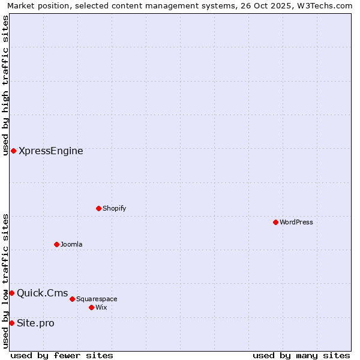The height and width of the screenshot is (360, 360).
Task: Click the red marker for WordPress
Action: pos(275,222)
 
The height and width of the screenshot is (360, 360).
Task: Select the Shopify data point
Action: pos(98,208)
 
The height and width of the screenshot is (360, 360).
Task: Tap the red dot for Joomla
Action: pos(56,244)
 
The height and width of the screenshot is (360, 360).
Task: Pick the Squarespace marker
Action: pos(72,299)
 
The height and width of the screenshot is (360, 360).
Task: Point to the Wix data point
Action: pos(91,307)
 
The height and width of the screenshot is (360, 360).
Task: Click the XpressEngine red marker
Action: pos(13,151)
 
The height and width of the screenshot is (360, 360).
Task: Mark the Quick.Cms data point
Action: pos(11,293)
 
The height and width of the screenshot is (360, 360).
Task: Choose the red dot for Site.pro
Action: pos(11,323)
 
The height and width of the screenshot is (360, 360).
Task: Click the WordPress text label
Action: pos(296,222)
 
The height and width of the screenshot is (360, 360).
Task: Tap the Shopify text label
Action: pos(114,208)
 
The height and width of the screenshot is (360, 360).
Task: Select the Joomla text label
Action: pos(71,244)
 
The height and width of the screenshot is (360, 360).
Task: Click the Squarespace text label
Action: pos(97,299)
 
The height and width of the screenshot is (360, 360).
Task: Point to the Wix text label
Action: pos(101,307)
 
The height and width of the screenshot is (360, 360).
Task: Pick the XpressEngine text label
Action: pos(51,151)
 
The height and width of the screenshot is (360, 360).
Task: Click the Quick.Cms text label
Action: pos(42,293)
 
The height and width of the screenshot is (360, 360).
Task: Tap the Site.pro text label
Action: pos(35,323)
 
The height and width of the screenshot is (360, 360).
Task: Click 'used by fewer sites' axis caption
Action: pos(62,355)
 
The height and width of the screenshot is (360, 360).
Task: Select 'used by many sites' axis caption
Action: pos(301,355)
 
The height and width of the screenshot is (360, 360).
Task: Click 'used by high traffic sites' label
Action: pos(6,85)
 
